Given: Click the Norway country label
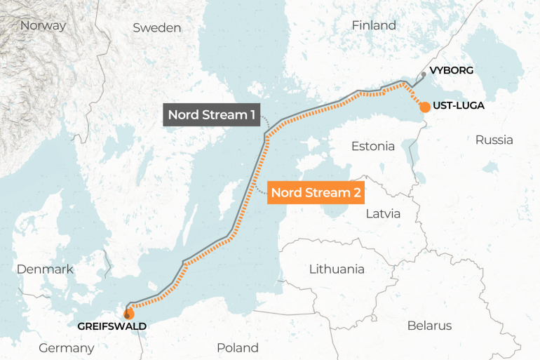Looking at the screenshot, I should [43, 26].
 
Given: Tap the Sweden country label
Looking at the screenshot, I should [156, 28].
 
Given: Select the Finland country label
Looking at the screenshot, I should [374, 25].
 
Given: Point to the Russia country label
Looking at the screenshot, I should [494, 140].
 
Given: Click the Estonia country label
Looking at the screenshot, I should [373, 147].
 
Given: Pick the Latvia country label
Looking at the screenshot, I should [383, 213].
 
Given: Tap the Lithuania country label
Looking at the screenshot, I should [337, 269].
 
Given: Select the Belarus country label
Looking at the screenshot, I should [429, 326].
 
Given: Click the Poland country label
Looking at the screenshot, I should [237, 347].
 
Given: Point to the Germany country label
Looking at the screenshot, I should [66, 348].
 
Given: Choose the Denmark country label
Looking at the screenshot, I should [45, 269].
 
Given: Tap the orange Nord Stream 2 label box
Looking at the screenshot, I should [316, 192].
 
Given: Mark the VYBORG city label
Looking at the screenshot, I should [451, 71].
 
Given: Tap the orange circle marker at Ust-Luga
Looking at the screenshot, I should [424, 107].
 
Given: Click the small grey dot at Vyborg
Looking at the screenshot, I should [424, 74].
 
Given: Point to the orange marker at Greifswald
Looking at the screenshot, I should [128, 313].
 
